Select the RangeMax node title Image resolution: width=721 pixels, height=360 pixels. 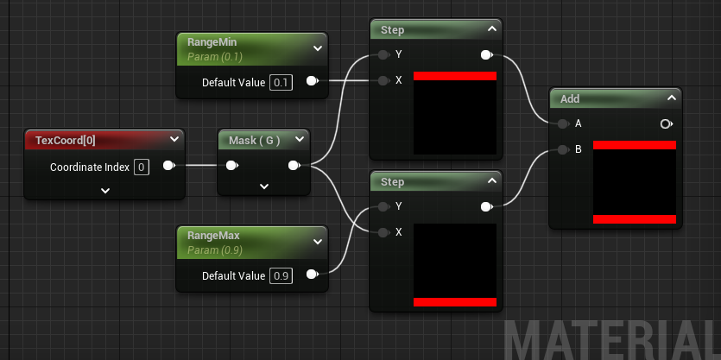(x=213, y=234)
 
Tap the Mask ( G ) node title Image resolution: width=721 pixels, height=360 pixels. (x=254, y=139)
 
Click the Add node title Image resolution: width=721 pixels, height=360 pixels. (x=570, y=98)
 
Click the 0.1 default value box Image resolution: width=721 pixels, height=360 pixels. (x=281, y=82)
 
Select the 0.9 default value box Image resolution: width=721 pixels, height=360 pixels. (x=281, y=276)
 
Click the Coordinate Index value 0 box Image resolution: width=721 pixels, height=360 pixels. (x=142, y=167)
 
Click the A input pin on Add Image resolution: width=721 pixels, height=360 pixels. (x=563, y=123)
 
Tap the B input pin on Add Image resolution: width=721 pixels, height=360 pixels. (x=563, y=148)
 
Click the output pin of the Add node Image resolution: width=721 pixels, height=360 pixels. (x=666, y=123)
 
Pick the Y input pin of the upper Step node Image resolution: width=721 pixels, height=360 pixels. (x=383, y=55)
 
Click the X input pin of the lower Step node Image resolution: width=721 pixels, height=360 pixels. (x=383, y=231)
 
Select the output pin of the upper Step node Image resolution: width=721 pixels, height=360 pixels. (x=486, y=55)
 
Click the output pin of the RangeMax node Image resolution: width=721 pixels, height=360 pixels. (x=312, y=276)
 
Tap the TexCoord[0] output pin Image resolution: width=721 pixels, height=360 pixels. (x=168, y=166)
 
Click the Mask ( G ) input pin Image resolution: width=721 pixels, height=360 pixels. (x=231, y=166)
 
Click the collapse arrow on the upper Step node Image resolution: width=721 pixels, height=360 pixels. (x=491, y=29)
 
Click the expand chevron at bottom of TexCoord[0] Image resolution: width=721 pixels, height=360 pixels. (x=104, y=191)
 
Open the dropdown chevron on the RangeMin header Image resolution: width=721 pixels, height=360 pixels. (x=317, y=48)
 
